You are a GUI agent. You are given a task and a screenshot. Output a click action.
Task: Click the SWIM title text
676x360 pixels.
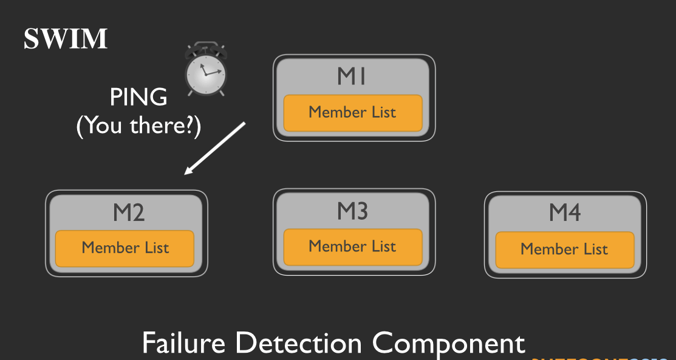(x=66, y=39)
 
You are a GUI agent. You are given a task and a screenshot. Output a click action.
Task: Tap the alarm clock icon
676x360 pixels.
(x=206, y=69)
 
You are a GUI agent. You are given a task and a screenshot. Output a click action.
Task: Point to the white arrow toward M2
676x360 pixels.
(x=216, y=148)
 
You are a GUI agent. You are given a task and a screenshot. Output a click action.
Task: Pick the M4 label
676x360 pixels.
(x=565, y=212)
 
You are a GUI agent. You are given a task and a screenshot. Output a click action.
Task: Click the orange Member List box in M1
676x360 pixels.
(x=353, y=112)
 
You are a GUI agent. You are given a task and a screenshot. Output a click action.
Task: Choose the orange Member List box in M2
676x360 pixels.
(x=125, y=248)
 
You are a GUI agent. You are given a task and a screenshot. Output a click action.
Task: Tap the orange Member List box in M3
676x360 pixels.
(x=353, y=246)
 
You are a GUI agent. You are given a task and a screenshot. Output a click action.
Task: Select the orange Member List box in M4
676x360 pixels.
(x=564, y=249)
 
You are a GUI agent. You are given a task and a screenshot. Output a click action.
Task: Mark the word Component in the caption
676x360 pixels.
(x=448, y=344)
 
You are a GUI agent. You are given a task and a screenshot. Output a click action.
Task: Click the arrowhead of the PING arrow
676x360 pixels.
(x=189, y=171)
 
